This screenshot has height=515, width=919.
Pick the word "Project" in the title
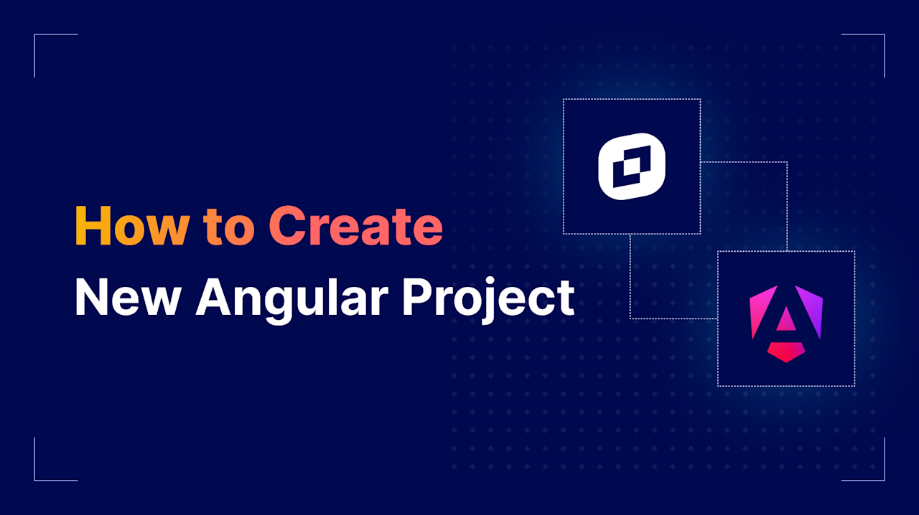coord(488,298)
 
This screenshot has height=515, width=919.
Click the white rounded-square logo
coord(632,166)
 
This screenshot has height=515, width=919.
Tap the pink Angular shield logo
coord(786,323)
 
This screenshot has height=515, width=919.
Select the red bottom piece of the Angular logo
coord(786,351)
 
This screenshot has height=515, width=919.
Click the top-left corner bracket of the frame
coord(43,43)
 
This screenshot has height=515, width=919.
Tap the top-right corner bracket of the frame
coord(876,43)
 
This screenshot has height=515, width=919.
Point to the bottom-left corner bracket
coord(43,472)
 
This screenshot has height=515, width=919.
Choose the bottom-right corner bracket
coord(876,472)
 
